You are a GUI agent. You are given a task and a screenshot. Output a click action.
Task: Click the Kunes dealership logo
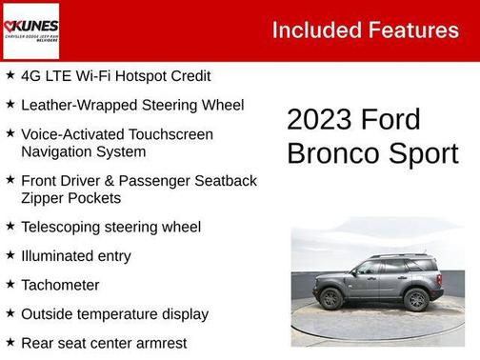click(32, 30)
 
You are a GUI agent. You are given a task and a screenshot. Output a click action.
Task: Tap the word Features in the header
click(415, 30)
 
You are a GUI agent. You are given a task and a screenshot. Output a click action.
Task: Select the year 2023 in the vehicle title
click(320, 120)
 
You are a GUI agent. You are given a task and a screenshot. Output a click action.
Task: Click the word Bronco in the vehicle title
click(332, 153)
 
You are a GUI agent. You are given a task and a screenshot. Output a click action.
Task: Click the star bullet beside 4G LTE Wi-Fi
click(10, 75)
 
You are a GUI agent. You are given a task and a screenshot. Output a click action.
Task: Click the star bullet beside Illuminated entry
click(10, 255)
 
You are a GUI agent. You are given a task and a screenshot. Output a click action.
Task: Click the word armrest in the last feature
click(159, 343)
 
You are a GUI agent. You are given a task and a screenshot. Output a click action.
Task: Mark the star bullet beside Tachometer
click(10, 284)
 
